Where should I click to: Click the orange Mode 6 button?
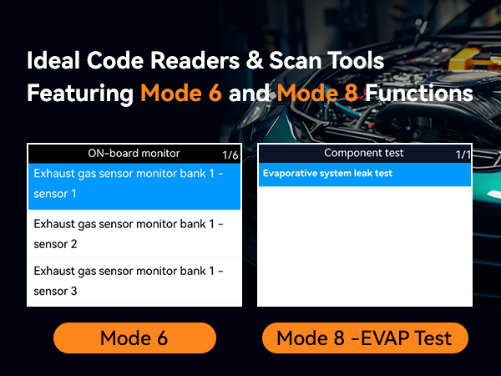click(134, 338)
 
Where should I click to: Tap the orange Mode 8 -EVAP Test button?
click(364, 338)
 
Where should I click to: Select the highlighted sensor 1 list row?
click(134, 184)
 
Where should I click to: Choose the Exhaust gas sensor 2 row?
click(134, 234)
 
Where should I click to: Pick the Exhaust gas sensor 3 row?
click(134, 281)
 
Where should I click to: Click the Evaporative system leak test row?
click(327, 174)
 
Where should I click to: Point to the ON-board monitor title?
click(134, 153)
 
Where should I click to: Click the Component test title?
click(363, 153)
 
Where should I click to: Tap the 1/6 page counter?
click(230, 155)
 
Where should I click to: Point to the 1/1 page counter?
click(463, 155)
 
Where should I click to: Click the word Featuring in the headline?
click(79, 93)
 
